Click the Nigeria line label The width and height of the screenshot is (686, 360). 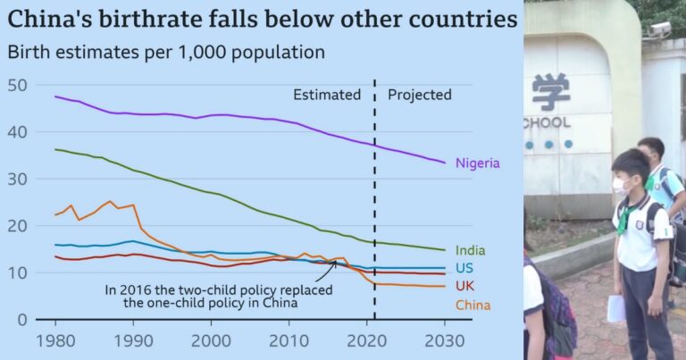(477, 163)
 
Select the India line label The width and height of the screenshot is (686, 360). (470, 251)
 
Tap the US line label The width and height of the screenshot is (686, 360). (464, 269)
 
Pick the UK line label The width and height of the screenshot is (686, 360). (464, 287)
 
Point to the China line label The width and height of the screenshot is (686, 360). (473, 306)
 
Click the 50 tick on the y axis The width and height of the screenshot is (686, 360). (17, 85)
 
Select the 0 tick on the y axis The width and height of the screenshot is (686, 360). (22, 319)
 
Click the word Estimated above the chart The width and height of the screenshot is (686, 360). (327, 95)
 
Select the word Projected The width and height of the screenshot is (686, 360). (420, 95)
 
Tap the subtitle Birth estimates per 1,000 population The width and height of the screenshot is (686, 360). (166, 51)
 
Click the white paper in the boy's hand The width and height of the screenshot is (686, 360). (616, 308)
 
